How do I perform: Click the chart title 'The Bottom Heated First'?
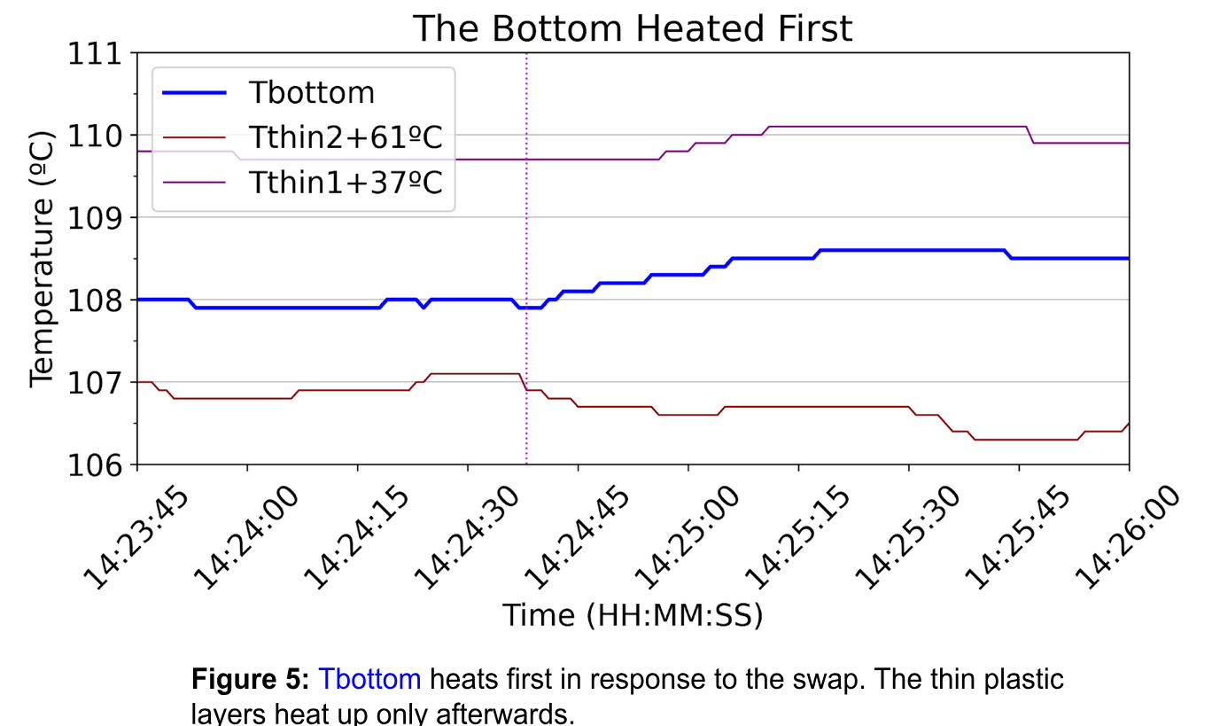[x=632, y=28]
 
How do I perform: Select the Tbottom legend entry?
[x=311, y=93]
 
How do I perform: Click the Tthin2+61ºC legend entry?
[x=345, y=138]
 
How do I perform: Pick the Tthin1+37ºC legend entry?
[x=345, y=183]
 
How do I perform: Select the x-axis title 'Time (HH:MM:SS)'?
[x=632, y=614]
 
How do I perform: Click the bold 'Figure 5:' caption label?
[x=250, y=680]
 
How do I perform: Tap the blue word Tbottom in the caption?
[x=369, y=680]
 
